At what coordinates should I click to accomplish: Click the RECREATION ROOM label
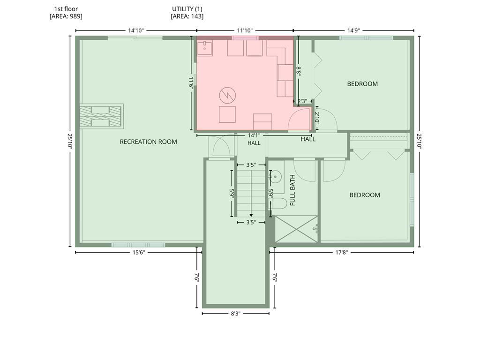tap(148, 142)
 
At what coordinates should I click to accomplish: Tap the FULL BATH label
tap(292, 190)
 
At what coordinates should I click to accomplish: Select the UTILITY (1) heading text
tap(187, 9)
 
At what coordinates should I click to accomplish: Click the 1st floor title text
tap(66, 9)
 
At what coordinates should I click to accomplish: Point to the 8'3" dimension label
tap(235, 314)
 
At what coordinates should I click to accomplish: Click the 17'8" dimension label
tap(341, 252)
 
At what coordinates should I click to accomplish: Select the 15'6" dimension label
tap(138, 252)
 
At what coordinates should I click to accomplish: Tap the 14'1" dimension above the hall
tap(254, 135)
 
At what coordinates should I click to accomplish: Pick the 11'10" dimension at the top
tap(245, 30)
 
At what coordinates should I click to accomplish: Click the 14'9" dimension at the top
tap(353, 30)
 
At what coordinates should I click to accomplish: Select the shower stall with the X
tap(296, 229)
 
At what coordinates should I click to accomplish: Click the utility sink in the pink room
tap(204, 48)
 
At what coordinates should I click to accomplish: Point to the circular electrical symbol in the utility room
tap(227, 95)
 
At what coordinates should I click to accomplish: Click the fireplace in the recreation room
tap(102, 116)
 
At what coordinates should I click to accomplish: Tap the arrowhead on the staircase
tap(251, 215)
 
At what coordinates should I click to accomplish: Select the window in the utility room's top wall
tap(245, 38)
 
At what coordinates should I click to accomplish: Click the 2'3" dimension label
tap(302, 101)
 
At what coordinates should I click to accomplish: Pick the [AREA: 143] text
tap(187, 16)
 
